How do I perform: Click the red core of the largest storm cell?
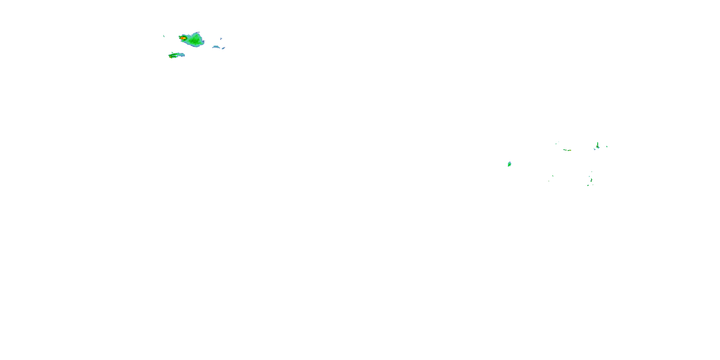(x=182, y=38)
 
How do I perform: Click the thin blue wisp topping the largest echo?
(x=198, y=32)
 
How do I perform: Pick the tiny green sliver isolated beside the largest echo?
(x=164, y=36)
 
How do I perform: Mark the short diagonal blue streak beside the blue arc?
(x=224, y=48)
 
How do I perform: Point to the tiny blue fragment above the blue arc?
(x=221, y=39)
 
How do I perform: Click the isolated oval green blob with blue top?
(x=509, y=164)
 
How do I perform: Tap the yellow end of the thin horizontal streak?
(x=570, y=150)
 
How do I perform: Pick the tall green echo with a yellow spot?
(x=598, y=145)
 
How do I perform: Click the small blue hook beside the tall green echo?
(x=594, y=149)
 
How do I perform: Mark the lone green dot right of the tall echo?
(x=607, y=147)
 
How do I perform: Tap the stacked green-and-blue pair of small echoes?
(x=591, y=180)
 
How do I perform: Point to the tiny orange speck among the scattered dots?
(x=549, y=181)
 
